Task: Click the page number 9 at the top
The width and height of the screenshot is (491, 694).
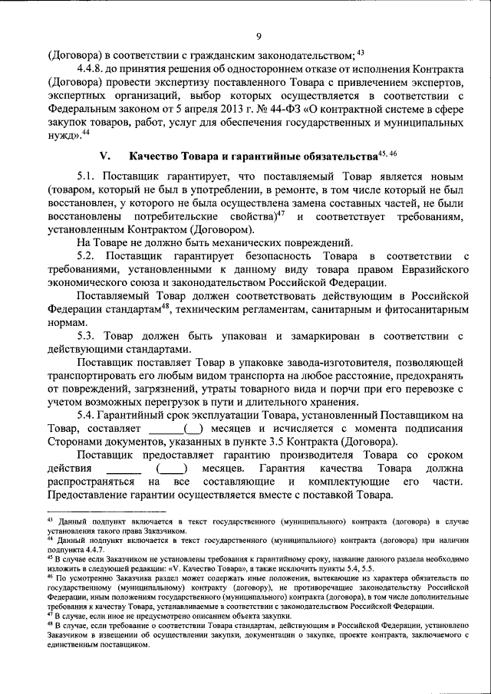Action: coord(259,35)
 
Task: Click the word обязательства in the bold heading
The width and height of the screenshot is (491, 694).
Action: coord(331,156)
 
